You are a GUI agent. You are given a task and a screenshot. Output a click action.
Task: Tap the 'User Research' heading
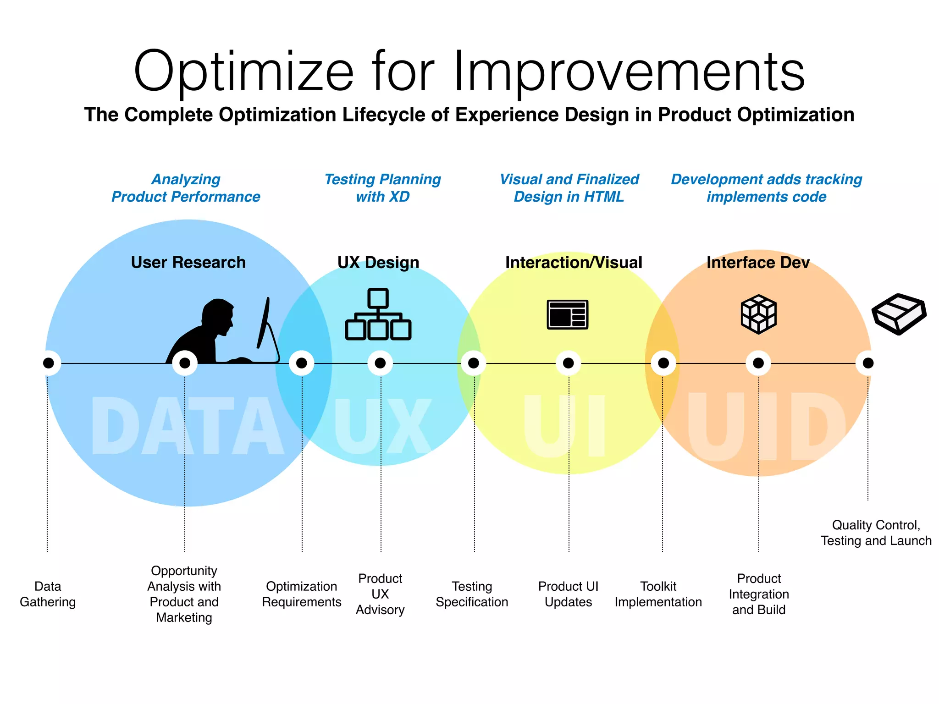pos(188,262)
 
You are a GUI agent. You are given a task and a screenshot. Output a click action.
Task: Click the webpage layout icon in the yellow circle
pos(568,314)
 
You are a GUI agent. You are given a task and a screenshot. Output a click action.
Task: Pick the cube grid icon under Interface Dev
pos(759,314)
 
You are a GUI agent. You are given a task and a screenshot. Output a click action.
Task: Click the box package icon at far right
pos(899,314)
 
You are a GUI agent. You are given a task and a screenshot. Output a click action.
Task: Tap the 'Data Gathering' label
pos(48,594)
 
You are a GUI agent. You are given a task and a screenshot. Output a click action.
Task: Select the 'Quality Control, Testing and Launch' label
pos(876,533)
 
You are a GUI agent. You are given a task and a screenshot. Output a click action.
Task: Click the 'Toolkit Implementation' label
pos(658,594)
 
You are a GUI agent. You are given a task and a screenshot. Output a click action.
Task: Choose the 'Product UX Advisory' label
pos(380,594)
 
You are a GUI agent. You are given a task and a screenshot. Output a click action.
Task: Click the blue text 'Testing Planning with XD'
pos(382,188)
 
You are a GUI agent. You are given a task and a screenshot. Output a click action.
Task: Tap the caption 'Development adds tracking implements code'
pos(766,188)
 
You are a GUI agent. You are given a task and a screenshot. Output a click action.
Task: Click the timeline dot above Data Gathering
pos(48,363)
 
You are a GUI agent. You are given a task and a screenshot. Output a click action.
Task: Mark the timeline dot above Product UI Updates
pos(568,363)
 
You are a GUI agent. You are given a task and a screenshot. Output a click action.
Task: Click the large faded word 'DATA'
pos(187,426)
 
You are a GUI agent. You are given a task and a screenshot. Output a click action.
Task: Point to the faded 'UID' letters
pos(766,426)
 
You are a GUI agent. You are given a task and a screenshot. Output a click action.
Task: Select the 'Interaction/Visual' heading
pos(574,262)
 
